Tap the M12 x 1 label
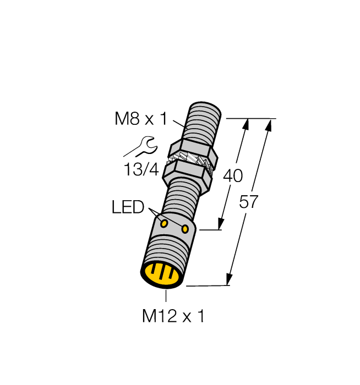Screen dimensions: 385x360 click(173, 316)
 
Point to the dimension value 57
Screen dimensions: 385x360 click(249, 202)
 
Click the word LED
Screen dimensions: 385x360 click(127, 207)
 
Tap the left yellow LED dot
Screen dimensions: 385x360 click(164, 223)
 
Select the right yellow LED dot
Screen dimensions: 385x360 click(186, 228)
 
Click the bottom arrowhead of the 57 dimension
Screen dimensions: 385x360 click(230, 279)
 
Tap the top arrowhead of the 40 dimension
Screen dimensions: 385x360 click(246, 125)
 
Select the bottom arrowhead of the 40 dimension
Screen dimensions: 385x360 click(221, 223)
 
